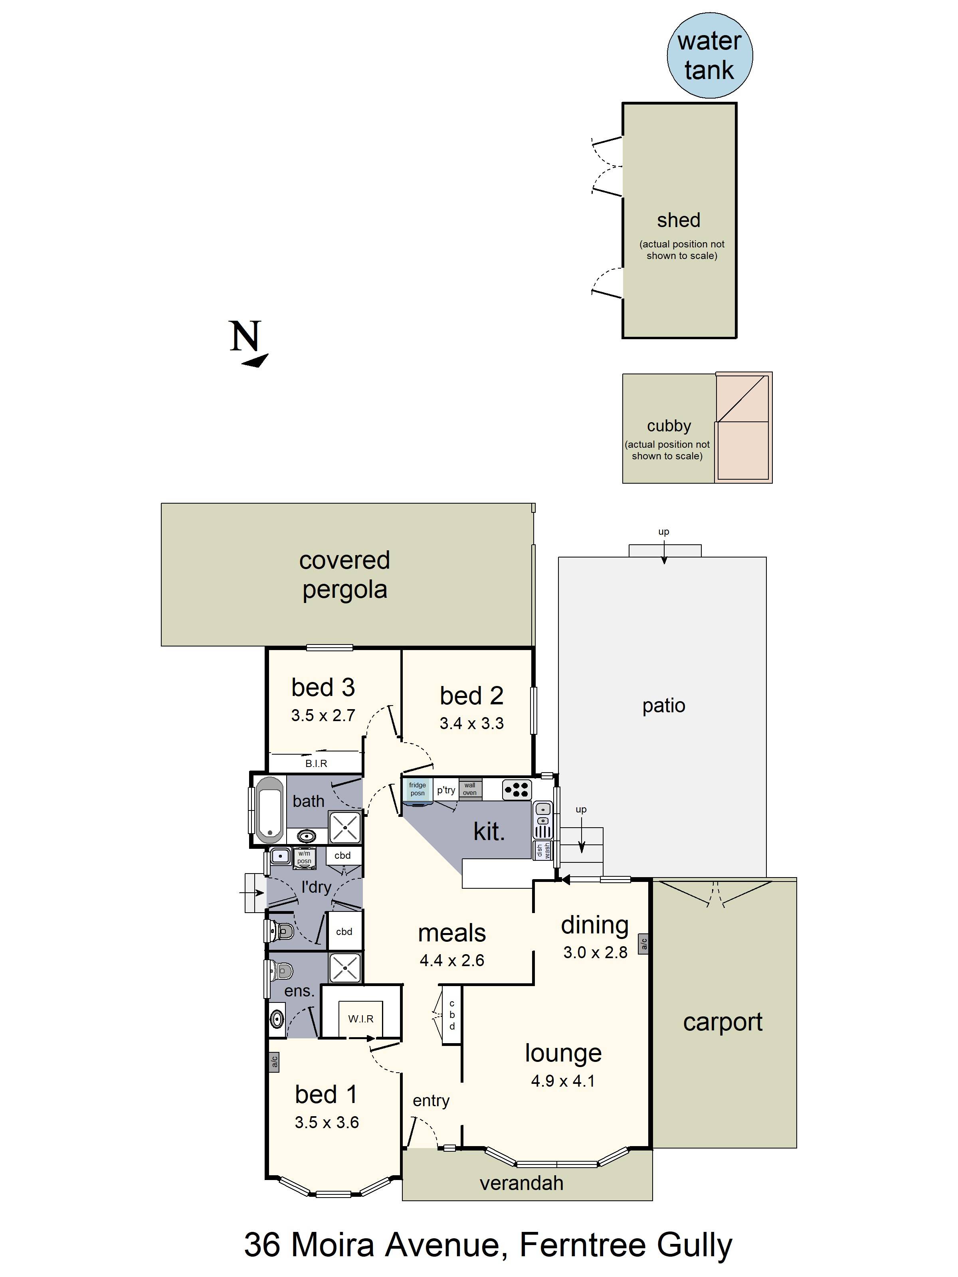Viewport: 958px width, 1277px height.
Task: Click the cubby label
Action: pos(669,425)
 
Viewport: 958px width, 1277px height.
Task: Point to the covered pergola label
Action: pos(345,574)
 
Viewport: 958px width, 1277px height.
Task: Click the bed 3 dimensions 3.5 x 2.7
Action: pos(323,715)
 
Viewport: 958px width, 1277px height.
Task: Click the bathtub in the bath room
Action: pos(270,809)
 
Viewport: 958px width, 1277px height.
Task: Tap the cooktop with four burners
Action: pos(516,790)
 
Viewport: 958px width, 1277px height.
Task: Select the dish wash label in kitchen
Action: pos(543,850)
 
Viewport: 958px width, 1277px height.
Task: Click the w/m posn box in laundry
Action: pos(304,857)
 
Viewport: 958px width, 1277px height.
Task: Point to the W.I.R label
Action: pos(360,1019)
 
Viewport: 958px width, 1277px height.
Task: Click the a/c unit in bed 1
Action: pos(274,1061)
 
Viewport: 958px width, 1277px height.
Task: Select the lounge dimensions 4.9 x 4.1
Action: pos(562,1081)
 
